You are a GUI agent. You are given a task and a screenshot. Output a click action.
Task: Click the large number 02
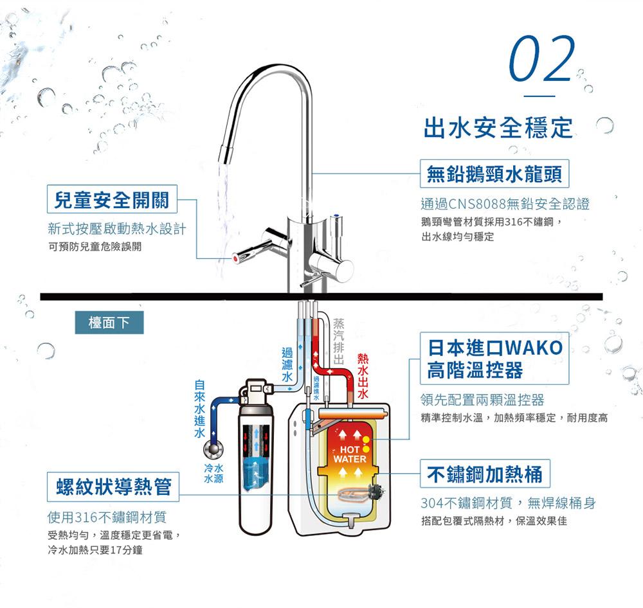541,58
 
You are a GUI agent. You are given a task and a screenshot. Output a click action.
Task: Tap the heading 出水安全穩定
498,127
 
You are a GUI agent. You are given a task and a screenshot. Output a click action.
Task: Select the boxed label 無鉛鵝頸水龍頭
494,174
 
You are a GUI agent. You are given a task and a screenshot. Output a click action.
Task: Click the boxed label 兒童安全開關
112,199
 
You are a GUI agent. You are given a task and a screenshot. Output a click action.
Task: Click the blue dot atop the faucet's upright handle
337,215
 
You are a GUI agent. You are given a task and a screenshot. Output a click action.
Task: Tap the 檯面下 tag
109,323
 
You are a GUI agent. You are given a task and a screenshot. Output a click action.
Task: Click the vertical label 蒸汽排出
338,341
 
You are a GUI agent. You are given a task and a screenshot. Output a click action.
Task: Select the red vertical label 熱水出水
363,376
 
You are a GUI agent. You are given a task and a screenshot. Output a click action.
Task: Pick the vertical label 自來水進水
199,409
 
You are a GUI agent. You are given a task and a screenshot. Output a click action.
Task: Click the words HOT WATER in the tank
349,454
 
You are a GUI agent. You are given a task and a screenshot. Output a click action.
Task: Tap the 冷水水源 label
213,474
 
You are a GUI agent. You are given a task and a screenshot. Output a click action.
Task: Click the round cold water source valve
213,450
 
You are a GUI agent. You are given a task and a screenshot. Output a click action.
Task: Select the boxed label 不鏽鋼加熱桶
485,474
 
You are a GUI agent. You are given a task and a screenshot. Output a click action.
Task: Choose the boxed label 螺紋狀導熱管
113,487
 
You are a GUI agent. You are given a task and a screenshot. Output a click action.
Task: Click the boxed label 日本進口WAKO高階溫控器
494,359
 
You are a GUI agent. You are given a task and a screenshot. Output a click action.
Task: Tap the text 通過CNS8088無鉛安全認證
505,204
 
